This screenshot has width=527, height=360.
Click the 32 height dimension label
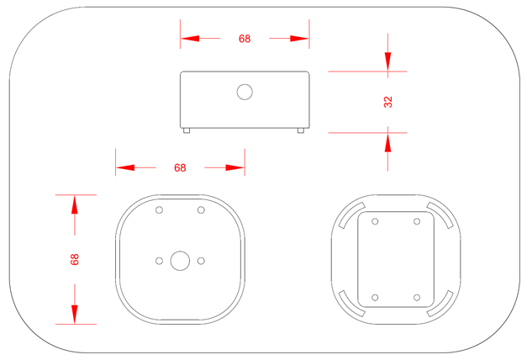pos(387,102)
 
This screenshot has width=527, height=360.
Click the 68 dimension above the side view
pos(245,39)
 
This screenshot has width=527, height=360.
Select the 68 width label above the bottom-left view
pos(180,167)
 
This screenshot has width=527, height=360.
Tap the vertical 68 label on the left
pos(75,260)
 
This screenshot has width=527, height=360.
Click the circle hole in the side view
pos(245,92)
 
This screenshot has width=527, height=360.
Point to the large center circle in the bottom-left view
pos(180,261)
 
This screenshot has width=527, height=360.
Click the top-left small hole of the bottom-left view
pos(159,209)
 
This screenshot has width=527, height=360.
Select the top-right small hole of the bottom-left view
pos(201,209)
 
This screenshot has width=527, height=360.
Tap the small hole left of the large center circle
pos(159,261)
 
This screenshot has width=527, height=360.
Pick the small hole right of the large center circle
pos(201,261)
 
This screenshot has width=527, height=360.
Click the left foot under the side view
pos(187,130)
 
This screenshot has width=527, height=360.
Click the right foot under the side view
pos(302,130)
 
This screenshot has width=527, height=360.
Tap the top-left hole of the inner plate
pos(375,222)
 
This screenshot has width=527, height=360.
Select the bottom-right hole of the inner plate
pos(417,298)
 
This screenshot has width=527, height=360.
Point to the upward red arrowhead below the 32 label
pos(387,141)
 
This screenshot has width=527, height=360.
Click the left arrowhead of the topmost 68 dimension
pos(190,39)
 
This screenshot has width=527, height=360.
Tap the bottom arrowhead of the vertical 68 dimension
pos(75,314)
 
